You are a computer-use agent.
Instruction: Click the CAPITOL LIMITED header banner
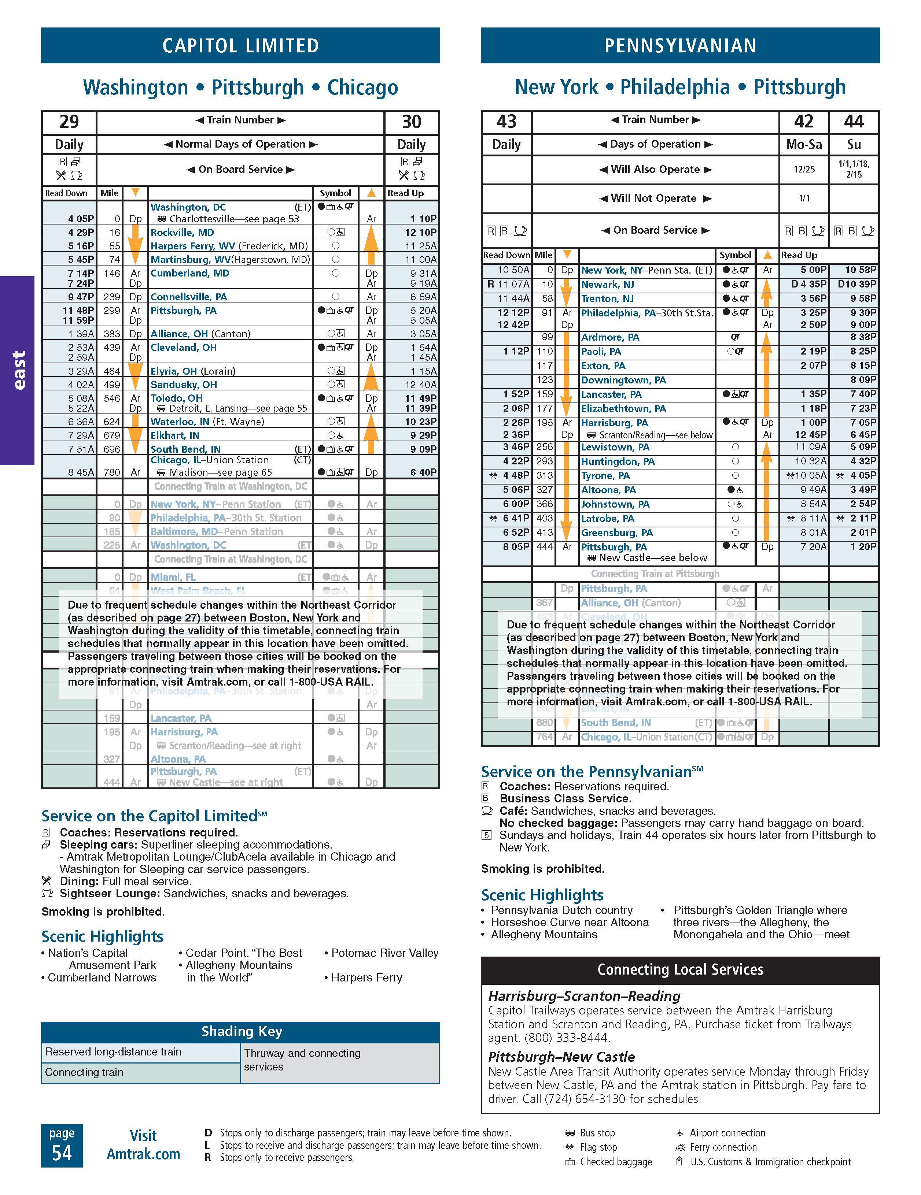(240, 45)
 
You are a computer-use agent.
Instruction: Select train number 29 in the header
(69, 122)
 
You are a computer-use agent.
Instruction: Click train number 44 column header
(854, 122)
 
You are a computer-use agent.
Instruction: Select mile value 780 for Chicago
(112, 472)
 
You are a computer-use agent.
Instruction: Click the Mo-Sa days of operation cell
(804, 144)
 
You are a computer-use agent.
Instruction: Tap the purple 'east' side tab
(18, 370)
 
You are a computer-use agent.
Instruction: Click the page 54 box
(62, 1145)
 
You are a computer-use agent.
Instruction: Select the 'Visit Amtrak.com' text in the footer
(143, 1145)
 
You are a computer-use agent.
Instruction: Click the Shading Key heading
(242, 1031)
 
